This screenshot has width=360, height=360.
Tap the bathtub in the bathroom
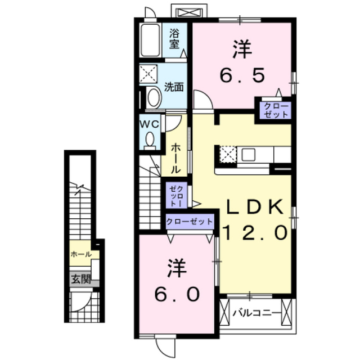coord(151,40)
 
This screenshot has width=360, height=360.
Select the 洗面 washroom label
coord(174,87)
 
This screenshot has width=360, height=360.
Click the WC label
coord(149,123)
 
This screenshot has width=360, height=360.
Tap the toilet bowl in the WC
coord(150,139)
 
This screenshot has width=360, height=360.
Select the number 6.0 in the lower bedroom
coord(176,294)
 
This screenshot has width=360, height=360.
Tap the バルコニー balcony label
coord(256,310)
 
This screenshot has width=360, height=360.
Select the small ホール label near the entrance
coord(81,255)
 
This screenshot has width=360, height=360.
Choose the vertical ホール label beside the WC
coord(175,157)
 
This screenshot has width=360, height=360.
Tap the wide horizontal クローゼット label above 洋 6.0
coord(190,222)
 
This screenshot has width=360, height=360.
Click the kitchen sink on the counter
coord(249,154)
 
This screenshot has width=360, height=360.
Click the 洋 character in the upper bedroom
coord(242,49)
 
